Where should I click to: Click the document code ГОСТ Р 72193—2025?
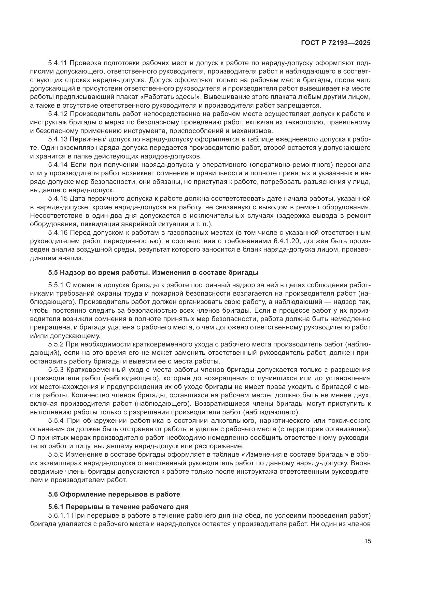(x=336, y=43)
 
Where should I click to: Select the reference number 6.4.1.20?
(x=287, y=241)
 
